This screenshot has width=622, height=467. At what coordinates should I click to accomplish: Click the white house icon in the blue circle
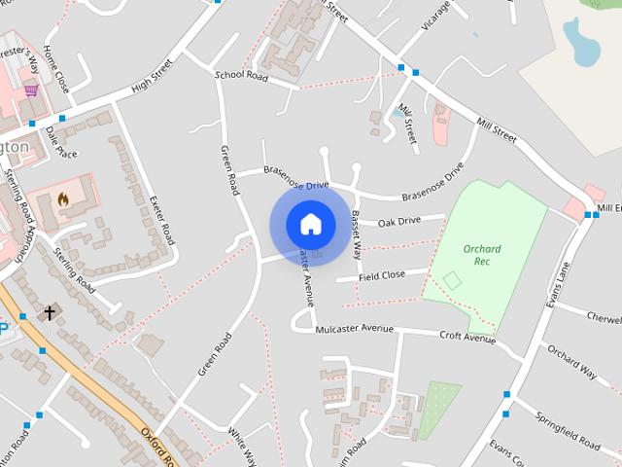tap(310, 224)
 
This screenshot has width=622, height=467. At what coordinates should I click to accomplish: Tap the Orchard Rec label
tap(481, 254)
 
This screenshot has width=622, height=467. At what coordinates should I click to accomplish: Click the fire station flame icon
tap(63, 198)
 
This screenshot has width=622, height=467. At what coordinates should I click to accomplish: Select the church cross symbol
tap(50, 312)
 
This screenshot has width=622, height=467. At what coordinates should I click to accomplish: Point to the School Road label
tap(241, 74)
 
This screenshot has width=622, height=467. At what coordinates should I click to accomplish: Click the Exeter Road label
tap(162, 219)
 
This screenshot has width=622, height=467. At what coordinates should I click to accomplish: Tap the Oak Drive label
tap(398, 221)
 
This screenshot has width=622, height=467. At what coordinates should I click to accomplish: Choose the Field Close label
tap(381, 275)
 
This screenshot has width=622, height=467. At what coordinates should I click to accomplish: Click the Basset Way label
tap(356, 234)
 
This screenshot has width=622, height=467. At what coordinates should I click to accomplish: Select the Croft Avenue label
tap(467, 338)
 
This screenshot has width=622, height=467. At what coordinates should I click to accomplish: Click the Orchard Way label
tap(571, 359)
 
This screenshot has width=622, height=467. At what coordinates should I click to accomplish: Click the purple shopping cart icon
tap(32, 90)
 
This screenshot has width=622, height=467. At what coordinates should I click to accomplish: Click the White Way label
tap(242, 446)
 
